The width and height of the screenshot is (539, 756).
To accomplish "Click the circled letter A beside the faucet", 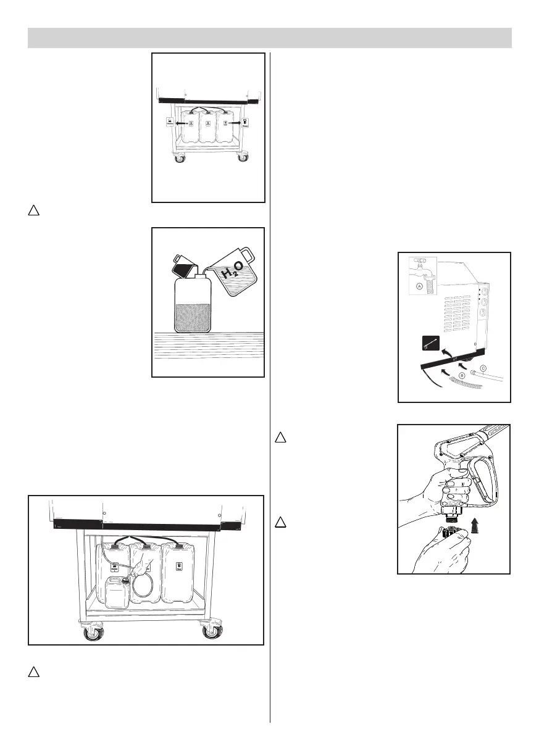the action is [419, 286].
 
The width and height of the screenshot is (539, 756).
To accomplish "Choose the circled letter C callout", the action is [483, 368].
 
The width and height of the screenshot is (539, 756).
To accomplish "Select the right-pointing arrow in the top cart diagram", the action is [235, 123].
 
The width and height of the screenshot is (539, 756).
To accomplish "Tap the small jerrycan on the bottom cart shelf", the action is [117, 594].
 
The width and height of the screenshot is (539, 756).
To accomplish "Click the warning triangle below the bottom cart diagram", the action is [34, 671].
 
